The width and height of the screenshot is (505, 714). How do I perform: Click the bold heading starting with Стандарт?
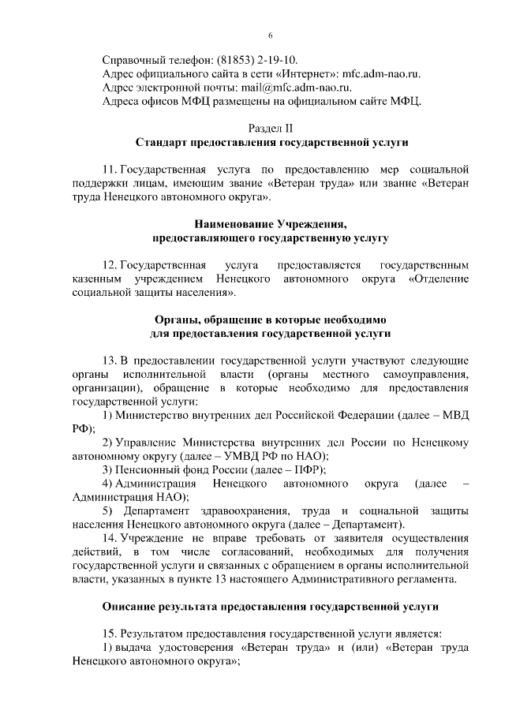click(271, 143)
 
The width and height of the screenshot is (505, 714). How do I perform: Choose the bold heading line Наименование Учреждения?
click(271, 224)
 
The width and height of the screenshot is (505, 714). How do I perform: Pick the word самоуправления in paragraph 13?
click(425, 374)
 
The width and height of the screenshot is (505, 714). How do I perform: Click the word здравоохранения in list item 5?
click(228, 511)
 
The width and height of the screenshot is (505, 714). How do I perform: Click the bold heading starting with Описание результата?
click(271, 607)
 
